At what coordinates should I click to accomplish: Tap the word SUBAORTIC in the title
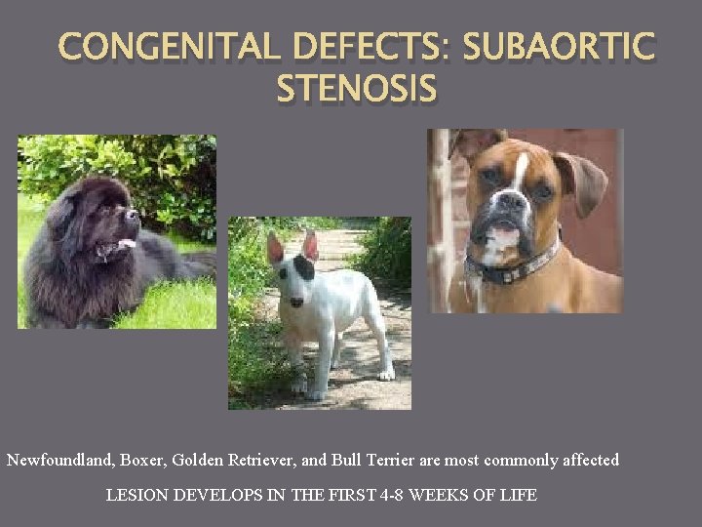coord(559,48)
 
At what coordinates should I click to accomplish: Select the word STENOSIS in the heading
coord(357,89)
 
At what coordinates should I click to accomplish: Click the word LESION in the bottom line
coord(136,495)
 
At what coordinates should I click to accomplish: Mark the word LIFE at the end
coord(517,495)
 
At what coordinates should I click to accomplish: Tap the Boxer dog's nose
coord(509,203)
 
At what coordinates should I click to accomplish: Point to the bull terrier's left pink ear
coord(275,248)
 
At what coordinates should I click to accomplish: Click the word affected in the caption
coord(587,460)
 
